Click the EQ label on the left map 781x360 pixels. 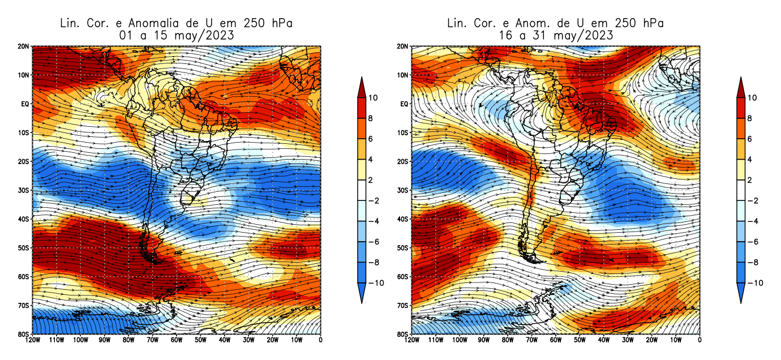click(23, 104)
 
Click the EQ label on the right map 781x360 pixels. click(402, 104)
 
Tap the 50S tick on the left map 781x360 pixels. click(23, 248)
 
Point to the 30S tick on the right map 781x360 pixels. click(402, 190)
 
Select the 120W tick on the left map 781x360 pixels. click(32, 340)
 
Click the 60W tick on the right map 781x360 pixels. click(555, 340)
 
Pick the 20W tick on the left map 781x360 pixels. click(273, 340)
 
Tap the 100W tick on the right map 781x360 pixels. click(459, 340)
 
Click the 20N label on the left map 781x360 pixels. click(23, 46)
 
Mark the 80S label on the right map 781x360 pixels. click(402, 334)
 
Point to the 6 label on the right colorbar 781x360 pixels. click(750, 139)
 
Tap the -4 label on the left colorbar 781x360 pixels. click(375, 221)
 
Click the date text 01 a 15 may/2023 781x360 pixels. click(176, 35)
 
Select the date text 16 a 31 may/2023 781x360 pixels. click(555, 35)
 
